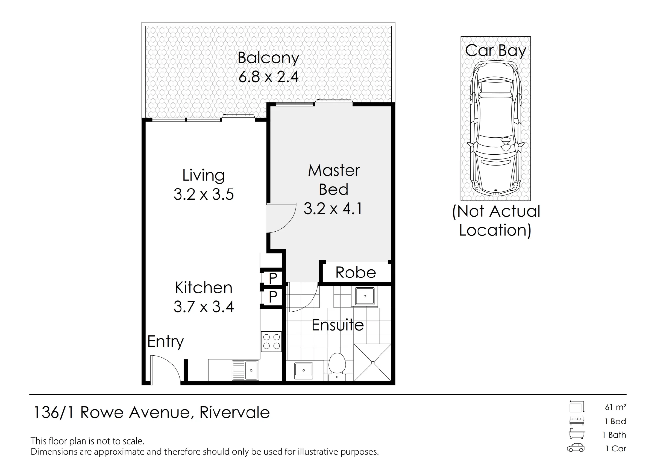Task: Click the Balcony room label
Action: click(x=268, y=58)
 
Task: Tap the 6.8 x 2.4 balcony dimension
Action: click(x=268, y=77)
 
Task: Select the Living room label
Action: click(x=204, y=176)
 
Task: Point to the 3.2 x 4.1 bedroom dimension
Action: click(x=333, y=209)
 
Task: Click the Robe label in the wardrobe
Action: click(x=356, y=273)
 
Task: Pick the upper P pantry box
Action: click(x=273, y=278)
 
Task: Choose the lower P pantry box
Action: click(x=273, y=297)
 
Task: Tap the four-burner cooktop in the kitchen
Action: click(x=272, y=341)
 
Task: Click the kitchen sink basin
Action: click(x=251, y=370)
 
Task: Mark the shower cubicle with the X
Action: click(x=373, y=363)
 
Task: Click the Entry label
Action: click(x=166, y=342)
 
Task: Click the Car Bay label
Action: click(x=495, y=51)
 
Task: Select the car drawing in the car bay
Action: click(x=495, y=129)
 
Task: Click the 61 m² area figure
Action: click(x=615, y=407)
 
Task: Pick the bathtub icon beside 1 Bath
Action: click(x=577, y=434)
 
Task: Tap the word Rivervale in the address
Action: click(x=235, y=413)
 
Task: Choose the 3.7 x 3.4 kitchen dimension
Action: click(x=204, y=307)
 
